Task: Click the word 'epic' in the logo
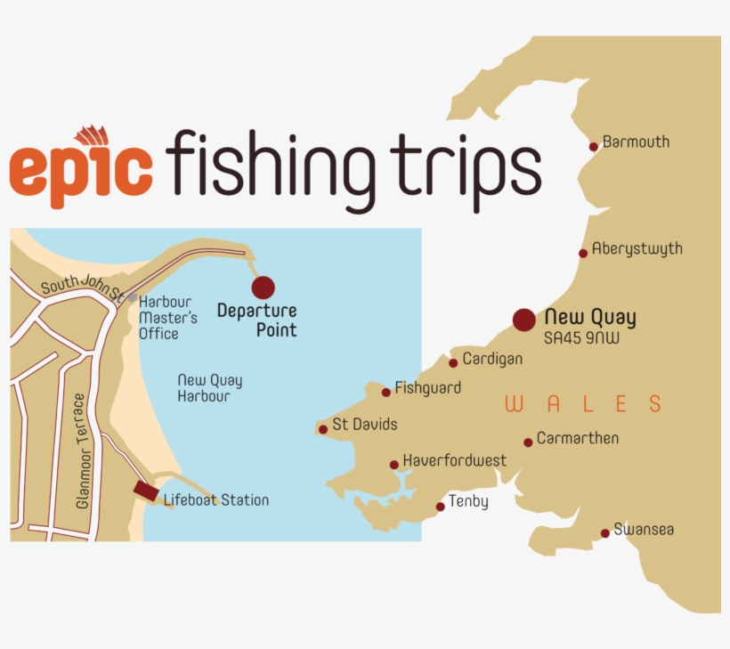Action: pos(81,172)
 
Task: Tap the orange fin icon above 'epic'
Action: pos(92,136)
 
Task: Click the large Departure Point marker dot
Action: pos(263,287)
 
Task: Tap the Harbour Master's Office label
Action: pos(167,318)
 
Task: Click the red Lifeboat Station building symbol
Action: pos(146,491)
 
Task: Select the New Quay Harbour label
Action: pos(209,388)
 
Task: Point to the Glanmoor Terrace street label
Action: pos(83,451)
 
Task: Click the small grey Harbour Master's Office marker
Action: pos(132,298)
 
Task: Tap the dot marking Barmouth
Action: pos(594,147)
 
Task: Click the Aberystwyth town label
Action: pos(637,249)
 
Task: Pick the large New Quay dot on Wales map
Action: pos(524,320)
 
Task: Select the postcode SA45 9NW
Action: pos(581,338)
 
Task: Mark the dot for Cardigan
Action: pos(453,362)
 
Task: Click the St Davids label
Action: pos(364,425)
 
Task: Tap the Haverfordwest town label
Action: pos(454,460)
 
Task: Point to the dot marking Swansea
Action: pos(605,533)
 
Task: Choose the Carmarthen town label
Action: pos(577,438)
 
